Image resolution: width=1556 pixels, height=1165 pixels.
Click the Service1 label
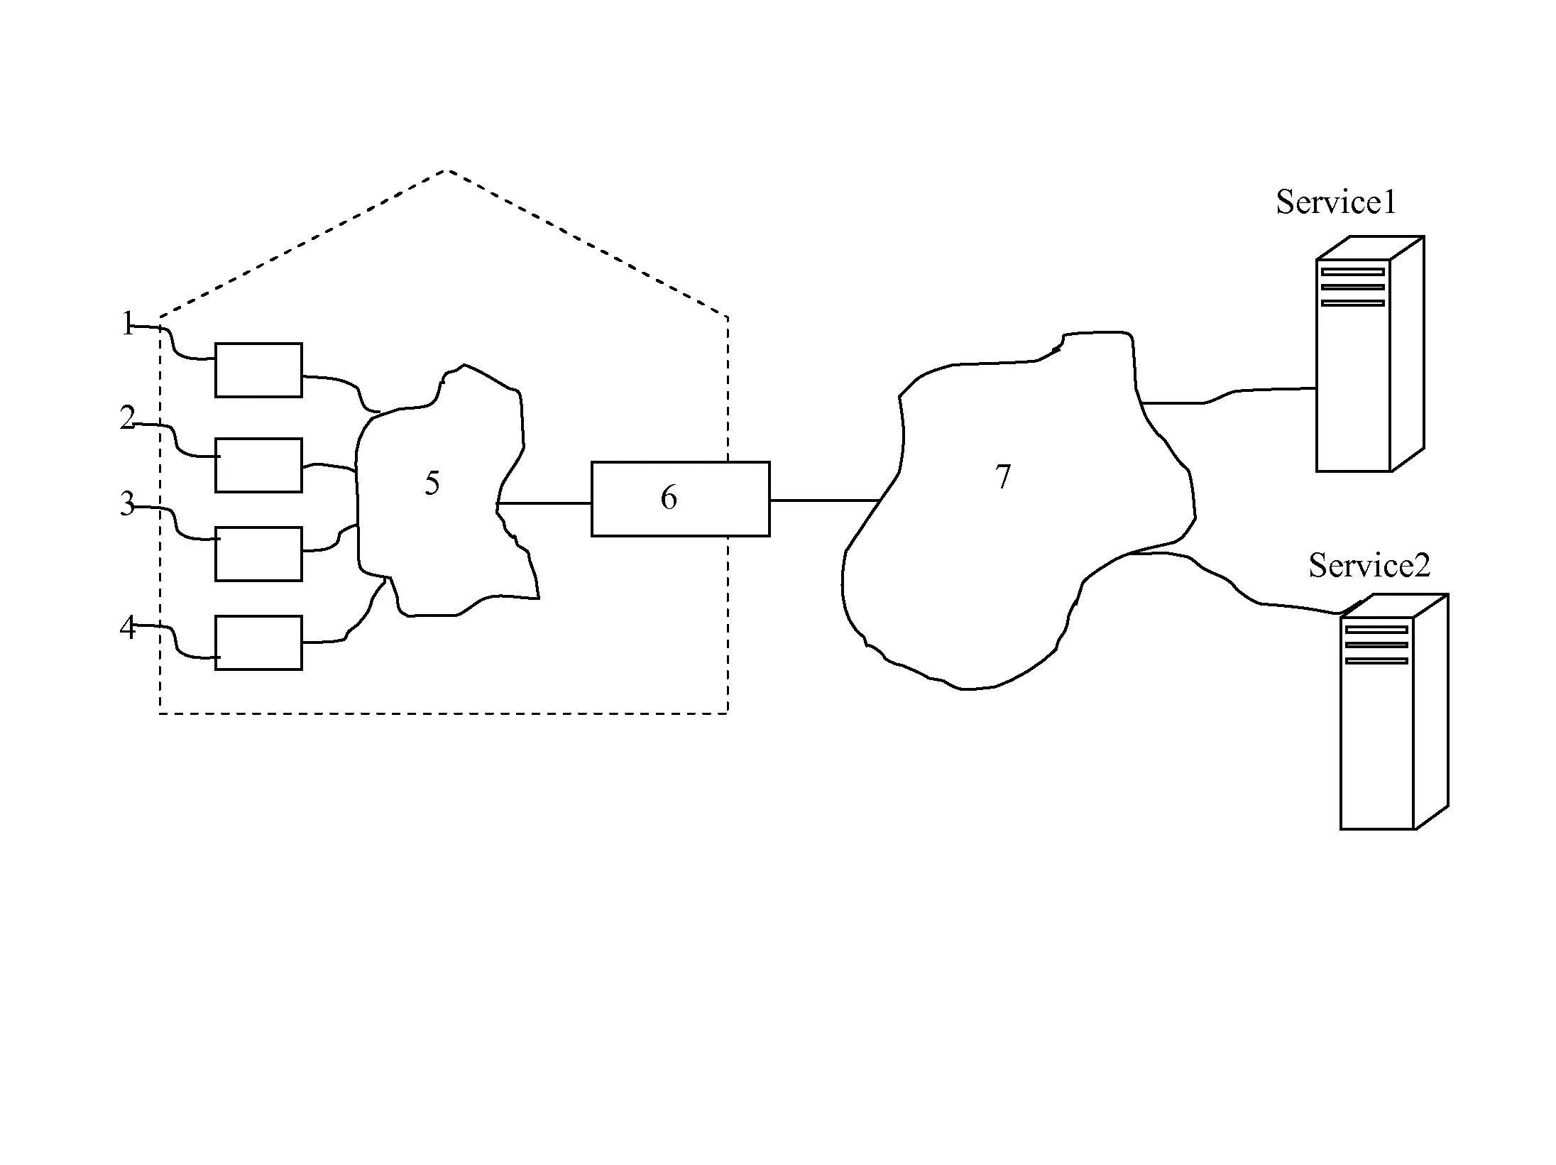coord(1336,202)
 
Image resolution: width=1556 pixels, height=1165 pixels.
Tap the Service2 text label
coord(1369,566)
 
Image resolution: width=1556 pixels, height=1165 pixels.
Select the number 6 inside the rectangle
coord(669,498)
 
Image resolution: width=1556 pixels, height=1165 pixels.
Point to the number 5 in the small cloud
coord(432,483)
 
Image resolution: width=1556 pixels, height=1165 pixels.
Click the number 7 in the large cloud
coord(1003,477)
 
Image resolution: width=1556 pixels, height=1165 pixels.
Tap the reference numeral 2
coord(127,418)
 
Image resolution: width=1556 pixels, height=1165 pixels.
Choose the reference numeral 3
coord(127,504)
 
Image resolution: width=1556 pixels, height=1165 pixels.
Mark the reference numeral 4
coord(127,628)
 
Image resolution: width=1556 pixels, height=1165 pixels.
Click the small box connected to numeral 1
coord(258,370)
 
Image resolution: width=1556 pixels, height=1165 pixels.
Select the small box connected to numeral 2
coord(258,465)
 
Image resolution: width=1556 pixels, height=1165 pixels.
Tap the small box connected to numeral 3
coord(258,554)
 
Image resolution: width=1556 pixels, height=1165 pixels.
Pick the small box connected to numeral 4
coord(258,642)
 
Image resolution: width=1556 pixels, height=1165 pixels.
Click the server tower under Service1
coord(1370,354)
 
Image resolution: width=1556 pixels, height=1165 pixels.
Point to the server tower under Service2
coord(1394,711)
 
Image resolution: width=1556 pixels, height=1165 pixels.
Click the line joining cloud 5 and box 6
coord(544,503)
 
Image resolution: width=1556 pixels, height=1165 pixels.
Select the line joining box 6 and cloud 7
coord(826,501)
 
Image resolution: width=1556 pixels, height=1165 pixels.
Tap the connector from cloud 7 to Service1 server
coord(1228,395)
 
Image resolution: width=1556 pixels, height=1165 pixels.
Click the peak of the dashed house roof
coord(446,170)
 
